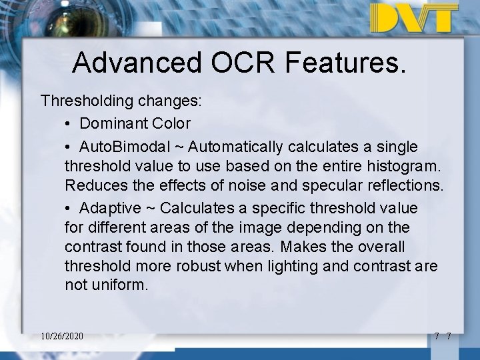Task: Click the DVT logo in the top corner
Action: (x=414, y=18)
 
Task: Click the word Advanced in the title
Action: (x=136, y=63)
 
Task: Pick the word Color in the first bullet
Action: (x=170, y=123)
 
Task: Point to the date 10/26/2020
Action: (x=62, y=336)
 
